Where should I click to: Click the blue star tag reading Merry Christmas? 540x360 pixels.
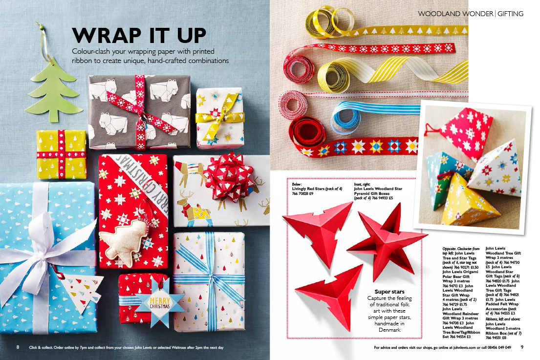(160, 302)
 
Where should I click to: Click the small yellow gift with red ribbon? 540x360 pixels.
(62, 154)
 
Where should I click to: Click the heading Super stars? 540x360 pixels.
(389, 292)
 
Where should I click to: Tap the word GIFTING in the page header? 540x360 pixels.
(510, 14)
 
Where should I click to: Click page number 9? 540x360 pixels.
(522, 347)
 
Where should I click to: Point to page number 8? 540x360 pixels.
(18, 347)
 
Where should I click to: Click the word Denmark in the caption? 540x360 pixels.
(389, 330)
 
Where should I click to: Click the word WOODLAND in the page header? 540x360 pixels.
(437, 14)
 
